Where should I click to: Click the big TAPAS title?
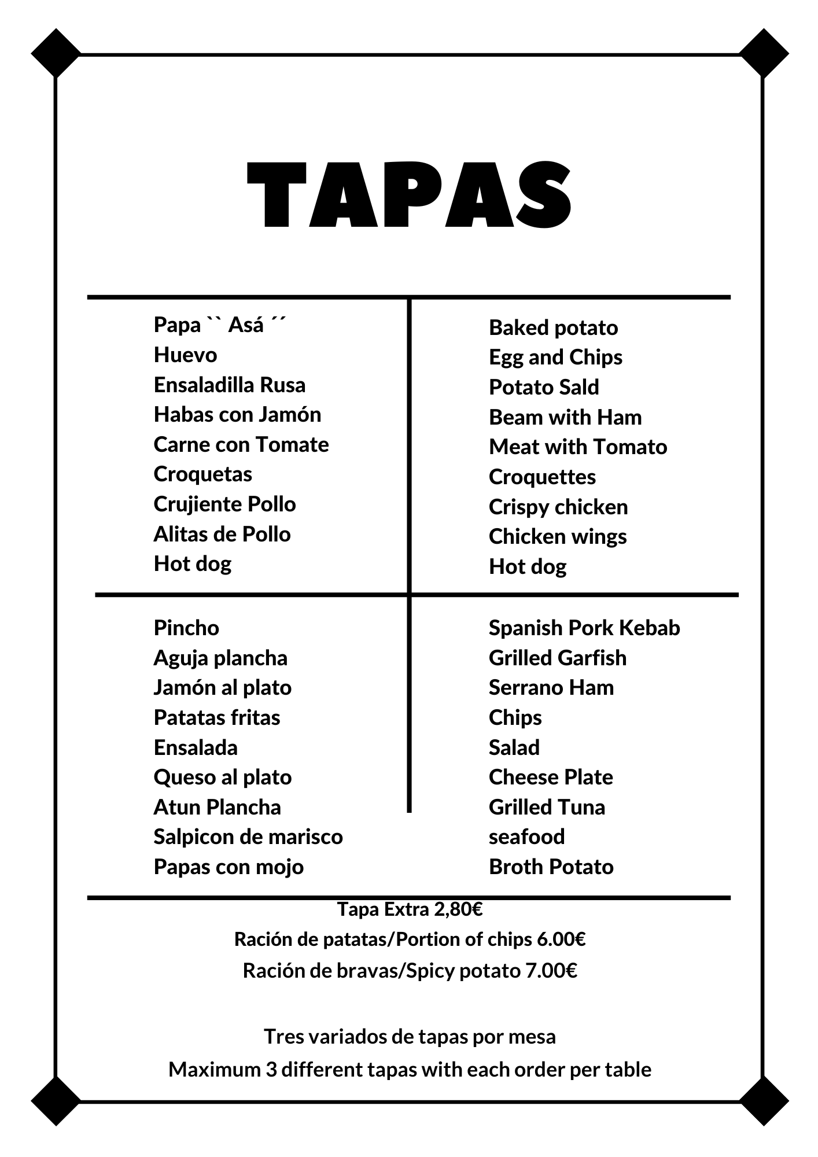(409, 196)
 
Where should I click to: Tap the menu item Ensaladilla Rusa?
(229, 385)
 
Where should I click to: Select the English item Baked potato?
(553, 327)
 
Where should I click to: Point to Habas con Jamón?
(237, 414)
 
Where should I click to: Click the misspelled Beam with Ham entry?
(565, 417)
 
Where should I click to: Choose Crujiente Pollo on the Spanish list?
(224, 504)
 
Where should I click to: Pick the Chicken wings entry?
(557, 536)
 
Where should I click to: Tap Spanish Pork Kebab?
(584, 628)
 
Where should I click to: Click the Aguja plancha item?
(220, 658)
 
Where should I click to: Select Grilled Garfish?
(557, 658)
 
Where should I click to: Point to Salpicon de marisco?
(248, 837)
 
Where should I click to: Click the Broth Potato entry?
(551, 867)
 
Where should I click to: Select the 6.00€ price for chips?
(561, 939)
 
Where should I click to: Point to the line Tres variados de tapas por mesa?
(410, 1036)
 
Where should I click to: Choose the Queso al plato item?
(222, 777)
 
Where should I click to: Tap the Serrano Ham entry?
(551, 687)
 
